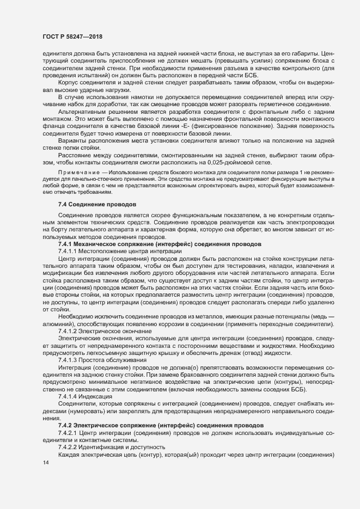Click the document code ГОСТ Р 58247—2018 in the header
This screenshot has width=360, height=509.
(x=72, y=37)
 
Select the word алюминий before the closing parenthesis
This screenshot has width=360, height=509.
(x=59, y=324)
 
